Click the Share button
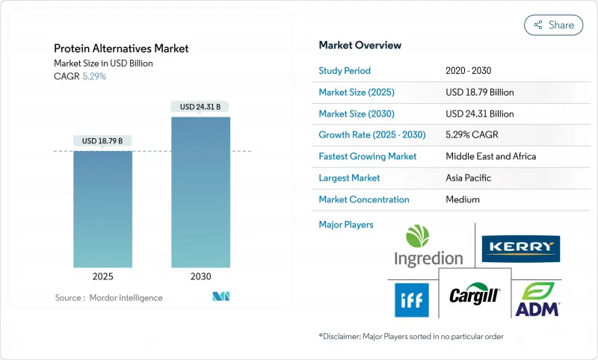coord(554,25)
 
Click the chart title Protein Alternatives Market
coord(121,49)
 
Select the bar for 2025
coord(102,209)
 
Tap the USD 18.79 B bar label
coord(102,140)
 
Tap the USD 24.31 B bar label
coord(200,107)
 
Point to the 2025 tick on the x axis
coord(102,276)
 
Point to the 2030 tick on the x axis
coord(200,276)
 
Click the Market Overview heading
coord(360,46)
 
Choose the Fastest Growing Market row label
coord(367,157)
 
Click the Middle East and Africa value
coord(490,157)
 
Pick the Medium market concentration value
coord(463,199)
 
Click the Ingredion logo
coord(428,246)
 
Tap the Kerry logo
coord(521,247)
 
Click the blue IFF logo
coord(412,300)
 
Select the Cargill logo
coord(474,296)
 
